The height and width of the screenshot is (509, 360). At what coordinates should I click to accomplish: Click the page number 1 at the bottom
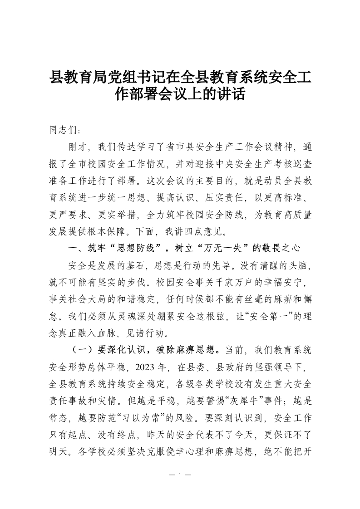(x=180, y=475)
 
